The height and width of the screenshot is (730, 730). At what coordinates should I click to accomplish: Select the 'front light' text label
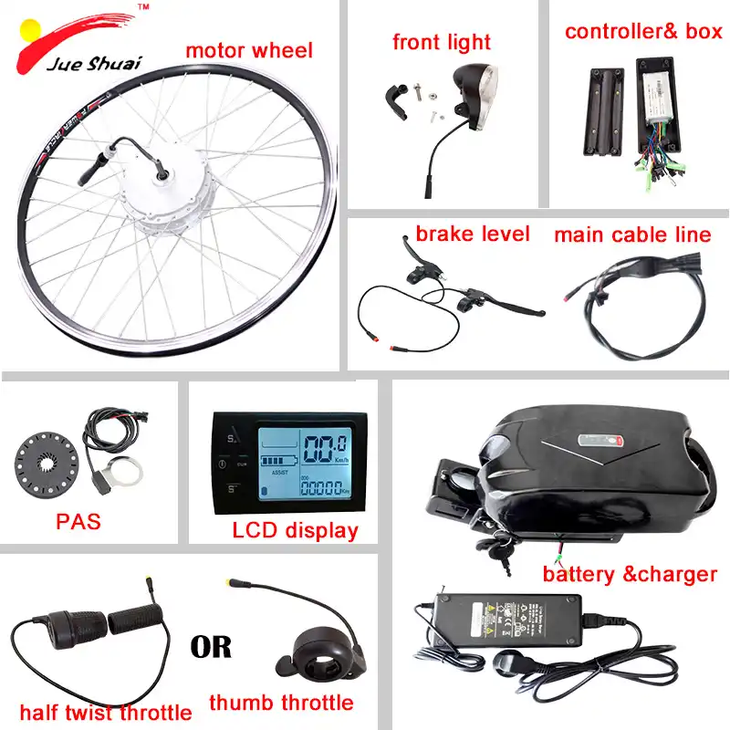point(442,42)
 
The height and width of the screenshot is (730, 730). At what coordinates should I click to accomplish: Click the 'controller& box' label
point(642,32)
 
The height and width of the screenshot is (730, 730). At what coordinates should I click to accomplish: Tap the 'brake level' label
point(473,234)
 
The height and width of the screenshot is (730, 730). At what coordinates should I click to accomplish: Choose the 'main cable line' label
point(632,235)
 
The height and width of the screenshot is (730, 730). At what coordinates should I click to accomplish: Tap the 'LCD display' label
point(294,529)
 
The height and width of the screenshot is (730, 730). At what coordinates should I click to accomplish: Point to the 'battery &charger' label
point(630,574)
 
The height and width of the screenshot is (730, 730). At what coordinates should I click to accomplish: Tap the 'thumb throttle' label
point(281,703)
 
